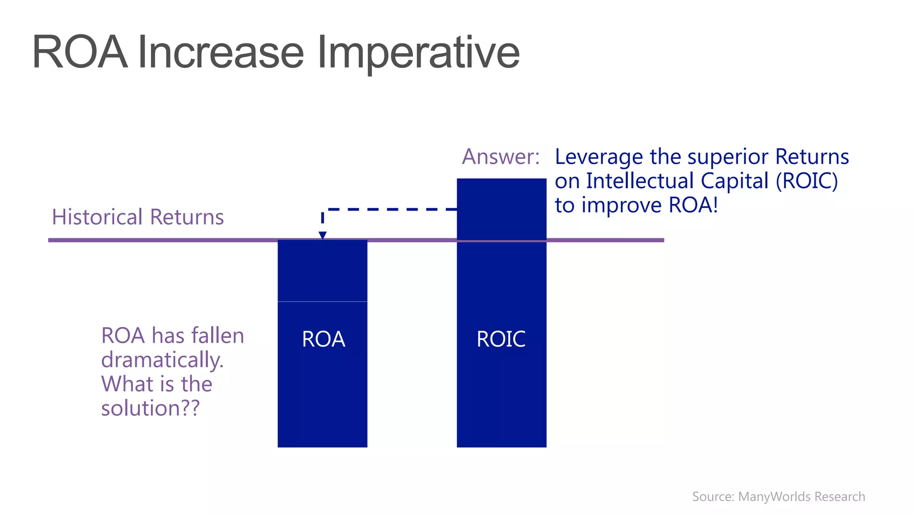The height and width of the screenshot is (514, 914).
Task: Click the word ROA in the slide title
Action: click(79, 53)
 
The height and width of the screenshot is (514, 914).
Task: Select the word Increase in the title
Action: click(221, 53)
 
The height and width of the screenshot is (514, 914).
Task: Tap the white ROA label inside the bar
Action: click(323, 339)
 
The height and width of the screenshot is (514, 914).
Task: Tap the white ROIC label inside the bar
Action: click(501, 339)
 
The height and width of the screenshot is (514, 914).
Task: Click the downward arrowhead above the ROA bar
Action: click(322, 235)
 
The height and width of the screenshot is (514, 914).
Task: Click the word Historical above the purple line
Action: click(97, 217)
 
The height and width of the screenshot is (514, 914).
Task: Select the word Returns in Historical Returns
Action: click(187, 217)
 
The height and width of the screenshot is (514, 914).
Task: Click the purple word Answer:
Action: click(500, 157)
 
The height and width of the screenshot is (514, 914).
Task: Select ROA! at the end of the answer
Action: click(693, 205)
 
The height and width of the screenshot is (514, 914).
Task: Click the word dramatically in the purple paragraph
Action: click(162, 360)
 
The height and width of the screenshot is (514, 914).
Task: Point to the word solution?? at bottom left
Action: click(150, 408)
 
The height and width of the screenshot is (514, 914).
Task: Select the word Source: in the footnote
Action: click(713, 497)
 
